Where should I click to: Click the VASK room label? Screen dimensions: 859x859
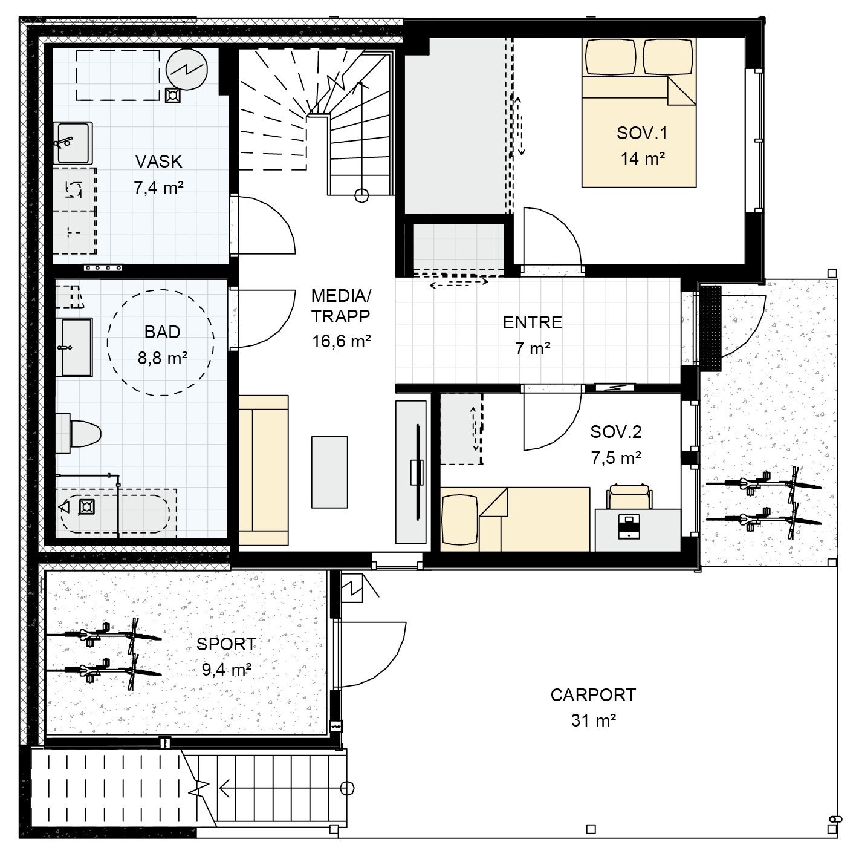coord(158,162)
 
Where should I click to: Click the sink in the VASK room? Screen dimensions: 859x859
coord(73,142)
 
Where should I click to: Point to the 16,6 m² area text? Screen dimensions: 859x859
coord(341,341)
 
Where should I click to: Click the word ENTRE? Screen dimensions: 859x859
coord(532,322)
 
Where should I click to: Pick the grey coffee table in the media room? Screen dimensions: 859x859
coord(329,472)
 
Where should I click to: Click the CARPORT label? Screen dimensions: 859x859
coord(592,695)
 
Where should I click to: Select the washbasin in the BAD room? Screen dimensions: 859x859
coord(77,347)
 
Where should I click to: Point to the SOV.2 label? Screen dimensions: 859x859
coord(616,432)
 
